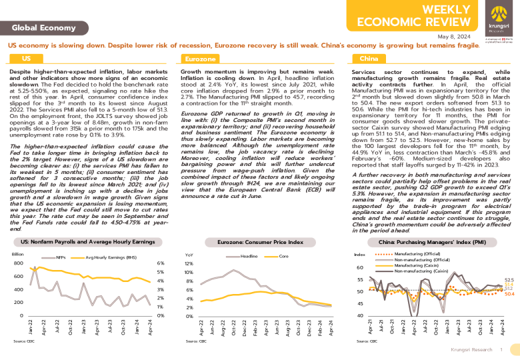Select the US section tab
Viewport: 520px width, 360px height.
(27, 59)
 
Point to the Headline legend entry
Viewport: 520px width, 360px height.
(249, 256)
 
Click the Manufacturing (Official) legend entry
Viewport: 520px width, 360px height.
(417, 255)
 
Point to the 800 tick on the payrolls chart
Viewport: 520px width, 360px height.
(18, 263)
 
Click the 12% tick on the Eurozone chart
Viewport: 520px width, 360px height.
(189, 263)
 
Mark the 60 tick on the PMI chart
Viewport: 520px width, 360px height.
(361, 267)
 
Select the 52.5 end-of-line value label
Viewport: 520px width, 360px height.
(509, 280)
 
